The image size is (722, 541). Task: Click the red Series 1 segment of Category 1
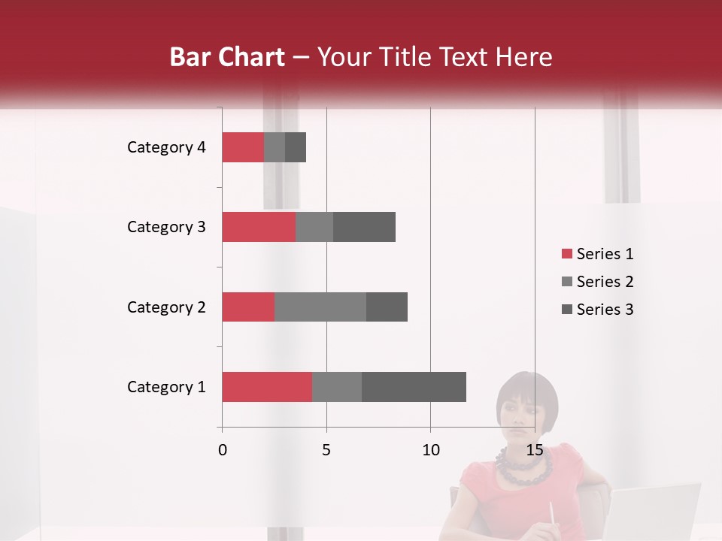[267, 386]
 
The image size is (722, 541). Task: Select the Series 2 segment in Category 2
[320, 307]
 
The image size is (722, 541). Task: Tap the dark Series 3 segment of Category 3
[364, 227]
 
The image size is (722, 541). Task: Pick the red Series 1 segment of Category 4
[243, 147]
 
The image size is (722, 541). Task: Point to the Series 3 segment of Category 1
[414, 386]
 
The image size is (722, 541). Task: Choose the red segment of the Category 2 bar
[248, 307]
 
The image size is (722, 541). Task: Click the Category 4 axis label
[166, 147]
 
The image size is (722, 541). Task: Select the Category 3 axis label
[166, 227]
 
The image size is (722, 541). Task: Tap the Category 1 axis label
[166, 387]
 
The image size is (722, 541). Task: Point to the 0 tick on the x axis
[223, 450]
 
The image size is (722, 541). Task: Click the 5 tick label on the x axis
[326, 450]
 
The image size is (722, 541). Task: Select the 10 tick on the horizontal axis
[430, 450]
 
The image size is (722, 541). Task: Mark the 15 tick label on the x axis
[535, 450]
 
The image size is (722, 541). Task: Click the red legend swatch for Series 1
[567, 254]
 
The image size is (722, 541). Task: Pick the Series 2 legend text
[605, 282]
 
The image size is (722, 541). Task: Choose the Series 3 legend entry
[605, 310]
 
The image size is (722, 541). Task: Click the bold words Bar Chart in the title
[227, 57]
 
